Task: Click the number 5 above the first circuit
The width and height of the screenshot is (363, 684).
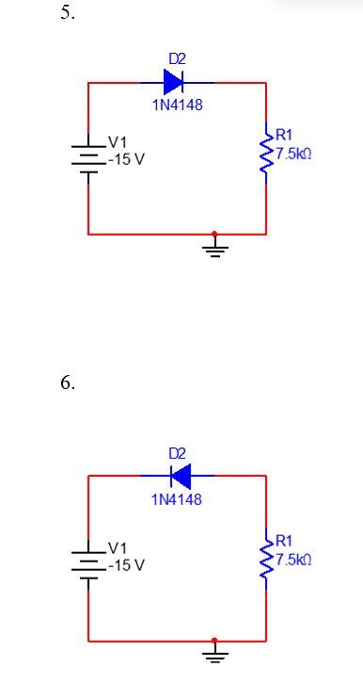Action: pyautogui.click(x=67, y=13)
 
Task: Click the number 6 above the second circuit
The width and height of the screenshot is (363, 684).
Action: pyautogui.click(x=67, y=383)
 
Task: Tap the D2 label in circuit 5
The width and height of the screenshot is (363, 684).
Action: pyautogui.click(x=177, y=58)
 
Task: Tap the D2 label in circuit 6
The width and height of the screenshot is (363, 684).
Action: pyautogui.click(x=177, y=453)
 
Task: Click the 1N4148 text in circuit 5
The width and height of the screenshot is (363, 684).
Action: pyautogui.click(x=177, y=105)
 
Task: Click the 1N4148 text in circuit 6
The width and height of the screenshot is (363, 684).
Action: pyautogui.click(x=177, y=498)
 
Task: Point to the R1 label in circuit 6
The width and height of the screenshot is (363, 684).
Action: pyautogui.click(x=284, y=541)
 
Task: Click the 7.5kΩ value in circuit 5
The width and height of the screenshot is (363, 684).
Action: pyautogui.click(x=293, y=153)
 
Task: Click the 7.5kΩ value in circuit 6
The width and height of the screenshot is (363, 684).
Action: pyautogui.click(x=293, y=559)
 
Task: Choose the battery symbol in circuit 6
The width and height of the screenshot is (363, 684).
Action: pyautogui.click(x=88, y=562)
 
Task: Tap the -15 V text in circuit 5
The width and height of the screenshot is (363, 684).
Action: pyautogui.click(x=126, y=159)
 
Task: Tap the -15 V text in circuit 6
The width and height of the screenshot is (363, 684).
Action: pyautogui.click(x=126, y=565)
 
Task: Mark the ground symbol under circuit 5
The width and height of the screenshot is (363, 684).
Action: pyautogui.click(x=216, y=248)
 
